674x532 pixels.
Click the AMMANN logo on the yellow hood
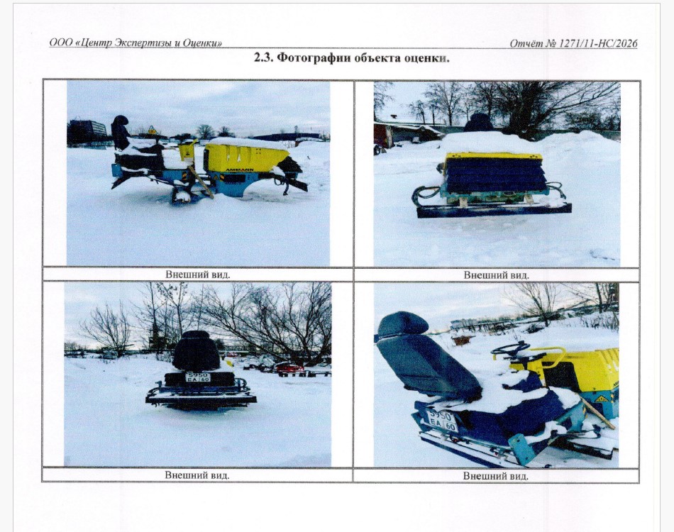(x=239, y=170)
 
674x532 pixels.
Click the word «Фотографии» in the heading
(x=314, y=57)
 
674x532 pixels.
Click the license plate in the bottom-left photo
(x=198, y=377)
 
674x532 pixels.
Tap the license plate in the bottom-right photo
(x=443, y=421)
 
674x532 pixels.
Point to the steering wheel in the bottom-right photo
(x=510, y=348)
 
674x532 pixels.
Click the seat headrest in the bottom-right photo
(x=401, y=323)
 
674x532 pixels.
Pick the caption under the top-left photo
(x=198, y=275)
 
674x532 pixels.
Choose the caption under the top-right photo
(x=496, y=275)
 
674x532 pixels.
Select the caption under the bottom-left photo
(x=197, y=475)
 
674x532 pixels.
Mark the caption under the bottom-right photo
(x=496, y=476)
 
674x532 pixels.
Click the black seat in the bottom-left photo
(x=196, y=351)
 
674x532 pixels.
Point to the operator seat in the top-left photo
(x=121, y=133)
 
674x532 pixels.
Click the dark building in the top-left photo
(x=87, y=133)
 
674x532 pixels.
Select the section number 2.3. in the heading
(x=263, y=57)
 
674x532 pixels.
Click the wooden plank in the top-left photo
(x=200, y=182)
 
